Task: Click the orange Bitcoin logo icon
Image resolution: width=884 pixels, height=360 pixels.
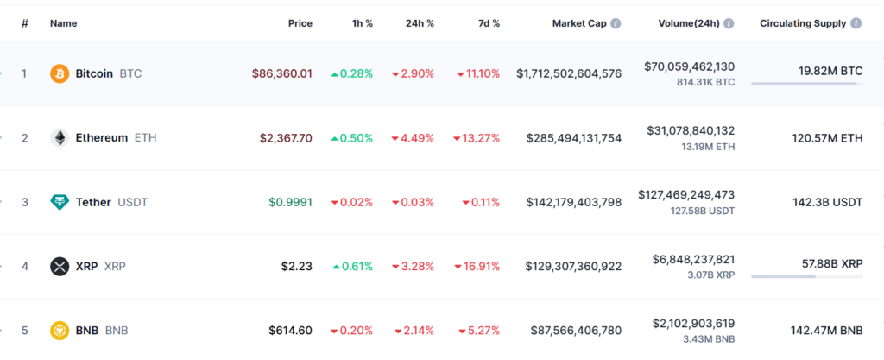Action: [60, 73]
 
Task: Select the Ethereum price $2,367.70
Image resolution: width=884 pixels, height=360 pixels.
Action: [286, 138]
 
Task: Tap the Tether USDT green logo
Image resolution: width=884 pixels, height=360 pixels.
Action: [60, 202]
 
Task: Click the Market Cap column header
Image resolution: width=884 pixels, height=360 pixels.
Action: [580, 23]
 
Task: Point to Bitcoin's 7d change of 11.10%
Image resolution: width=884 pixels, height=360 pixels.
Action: [478, 74]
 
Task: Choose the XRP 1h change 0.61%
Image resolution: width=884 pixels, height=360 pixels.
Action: [352, 266]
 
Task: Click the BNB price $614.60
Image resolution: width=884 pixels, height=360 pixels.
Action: [290, 330]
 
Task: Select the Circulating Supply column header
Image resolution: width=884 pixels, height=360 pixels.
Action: [804, 23]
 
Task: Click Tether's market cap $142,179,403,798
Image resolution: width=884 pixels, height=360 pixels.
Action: [573, 202]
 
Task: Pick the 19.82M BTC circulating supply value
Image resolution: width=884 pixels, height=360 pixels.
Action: [830, 71]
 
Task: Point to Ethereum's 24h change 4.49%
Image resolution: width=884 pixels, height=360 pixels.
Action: [413, 138]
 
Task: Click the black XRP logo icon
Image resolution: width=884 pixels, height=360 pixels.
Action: [60, 266]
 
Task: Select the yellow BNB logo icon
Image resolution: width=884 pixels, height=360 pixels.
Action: [60, 330]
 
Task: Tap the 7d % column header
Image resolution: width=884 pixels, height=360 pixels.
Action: [489, 23]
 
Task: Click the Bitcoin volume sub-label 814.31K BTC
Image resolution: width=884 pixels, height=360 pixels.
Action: [706, 82]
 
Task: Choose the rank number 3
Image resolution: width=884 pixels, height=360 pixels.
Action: [25, 202]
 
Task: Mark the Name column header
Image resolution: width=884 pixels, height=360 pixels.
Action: [64, 23]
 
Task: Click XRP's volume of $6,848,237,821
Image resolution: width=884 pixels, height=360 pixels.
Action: [689, 259]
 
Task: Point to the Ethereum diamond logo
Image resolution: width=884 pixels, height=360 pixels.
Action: [60, 138]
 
